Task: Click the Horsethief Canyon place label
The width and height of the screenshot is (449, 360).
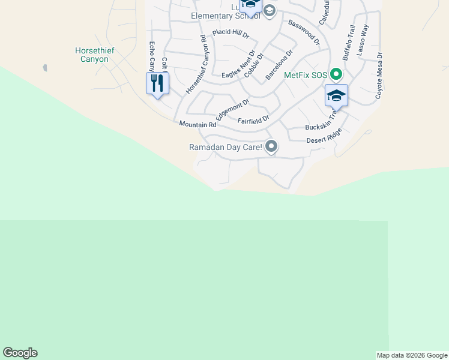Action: click(92, 55)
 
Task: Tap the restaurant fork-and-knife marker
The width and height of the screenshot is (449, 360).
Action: click(157, 83)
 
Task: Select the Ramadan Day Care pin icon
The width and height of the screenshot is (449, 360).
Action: click(271, 146)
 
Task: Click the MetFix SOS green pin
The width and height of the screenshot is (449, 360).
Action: click(336, 75)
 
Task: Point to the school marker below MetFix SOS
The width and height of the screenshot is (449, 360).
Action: click(336, 96)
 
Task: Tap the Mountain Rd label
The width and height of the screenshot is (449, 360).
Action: click(197, 125)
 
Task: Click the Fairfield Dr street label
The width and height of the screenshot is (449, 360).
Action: click(253, 120)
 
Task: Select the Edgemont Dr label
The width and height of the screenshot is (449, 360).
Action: click(232, 110)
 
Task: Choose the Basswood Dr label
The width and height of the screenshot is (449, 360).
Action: click(304, 33)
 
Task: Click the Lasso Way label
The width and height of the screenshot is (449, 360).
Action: click(363, 40)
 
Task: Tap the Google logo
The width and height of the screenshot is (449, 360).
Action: click(20, 353)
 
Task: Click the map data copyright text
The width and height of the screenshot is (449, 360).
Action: click(412, 355)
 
